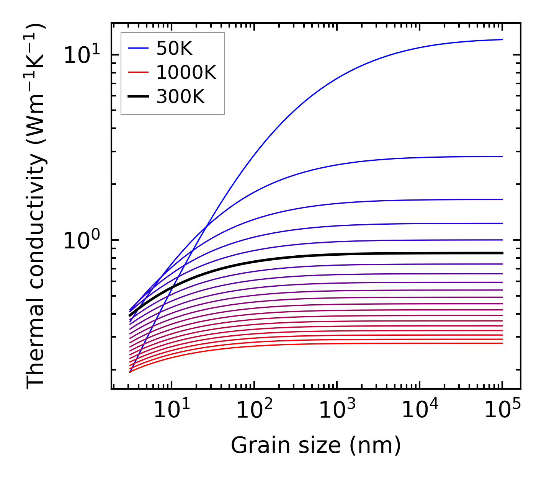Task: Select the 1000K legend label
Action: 186,72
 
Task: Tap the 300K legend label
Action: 180,96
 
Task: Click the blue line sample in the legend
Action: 138,48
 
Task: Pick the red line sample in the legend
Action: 138,72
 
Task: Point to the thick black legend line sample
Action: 138,96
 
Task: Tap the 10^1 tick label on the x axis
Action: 171,411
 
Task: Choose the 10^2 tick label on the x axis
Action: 254,411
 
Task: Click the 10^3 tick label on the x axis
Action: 337,411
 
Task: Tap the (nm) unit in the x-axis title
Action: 375,446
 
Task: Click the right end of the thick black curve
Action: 502,253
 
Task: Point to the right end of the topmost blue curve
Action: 502,39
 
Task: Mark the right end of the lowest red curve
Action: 502,343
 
